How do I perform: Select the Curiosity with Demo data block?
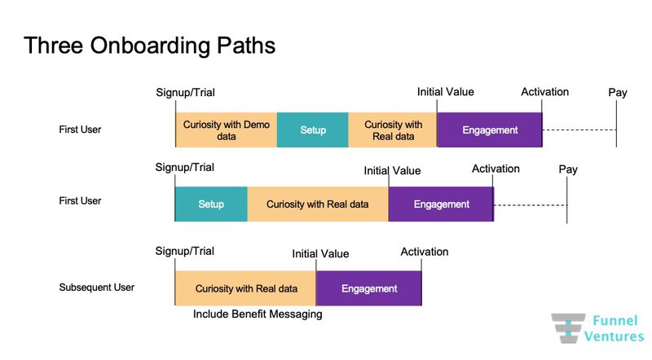click(226, 130)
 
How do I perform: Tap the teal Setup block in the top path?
click(313, 130)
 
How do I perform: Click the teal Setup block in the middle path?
click(211, 204)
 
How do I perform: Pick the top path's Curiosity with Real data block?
click(393, 130)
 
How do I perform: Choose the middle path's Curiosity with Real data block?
click(317, 204)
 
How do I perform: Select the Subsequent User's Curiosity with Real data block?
click(245, 288)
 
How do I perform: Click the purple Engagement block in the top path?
click(490, 130)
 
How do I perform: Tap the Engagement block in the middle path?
click(441, 204)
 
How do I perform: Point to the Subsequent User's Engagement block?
click(369, 288)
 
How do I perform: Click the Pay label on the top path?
click(618, 93)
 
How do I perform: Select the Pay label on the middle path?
click(568, 169)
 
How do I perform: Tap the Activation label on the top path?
click(544, 92)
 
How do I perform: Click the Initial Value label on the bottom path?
click(320, 254)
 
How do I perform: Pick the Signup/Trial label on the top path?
click(186, 93)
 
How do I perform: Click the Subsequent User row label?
click(96, 288)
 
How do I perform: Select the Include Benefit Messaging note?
click(258, 314)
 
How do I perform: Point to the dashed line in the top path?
click(579, 130)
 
